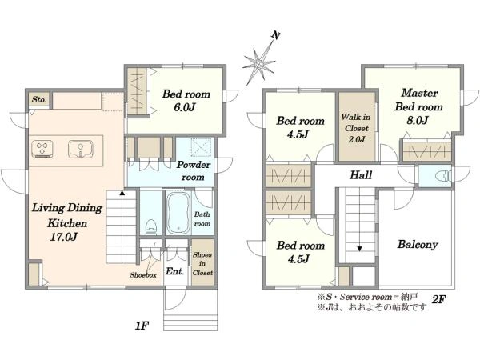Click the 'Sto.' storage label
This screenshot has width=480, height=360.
tap(39, 99)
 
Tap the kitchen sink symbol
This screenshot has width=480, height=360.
tap(81, 149)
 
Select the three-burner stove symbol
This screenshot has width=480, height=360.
tap(42, 149)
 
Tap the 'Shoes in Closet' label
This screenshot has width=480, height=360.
tap(202, 263)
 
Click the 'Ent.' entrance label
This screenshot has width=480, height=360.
tap(174, 271)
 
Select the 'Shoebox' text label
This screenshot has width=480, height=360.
tap(143, 275)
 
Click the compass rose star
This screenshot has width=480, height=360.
tap(259, 64)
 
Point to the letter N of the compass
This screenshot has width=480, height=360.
tap(276, 35)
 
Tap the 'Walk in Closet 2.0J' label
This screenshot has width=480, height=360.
tap(356, 128)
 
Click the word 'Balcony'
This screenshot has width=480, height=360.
tap(418, 245)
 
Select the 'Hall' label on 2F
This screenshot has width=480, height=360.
tap(361, 175)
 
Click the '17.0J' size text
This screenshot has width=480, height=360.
tap(63, 237)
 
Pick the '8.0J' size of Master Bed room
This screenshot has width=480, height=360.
tap(417, 120)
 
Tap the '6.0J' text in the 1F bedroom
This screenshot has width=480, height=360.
tap(185, 107)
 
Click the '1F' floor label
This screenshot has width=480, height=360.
tap(142, 326)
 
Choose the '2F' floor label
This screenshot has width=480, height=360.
tap(438, 299)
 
